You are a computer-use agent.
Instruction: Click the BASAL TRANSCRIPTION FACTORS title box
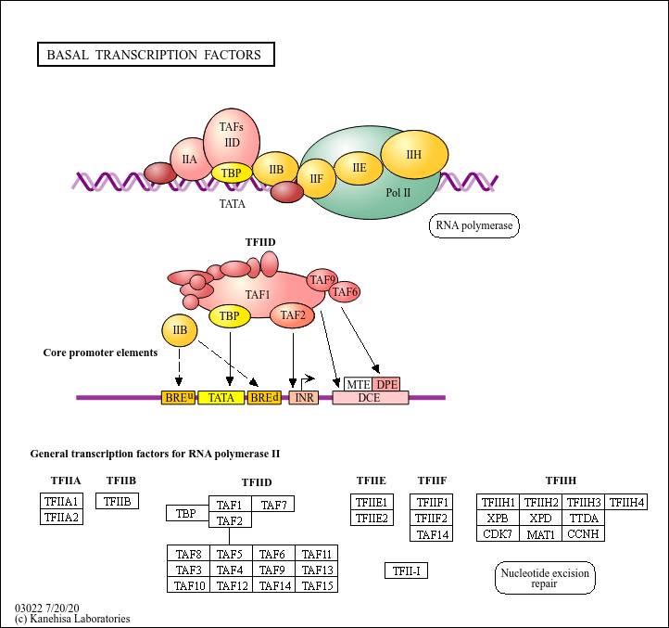pyautogui.click(x=156, y=54)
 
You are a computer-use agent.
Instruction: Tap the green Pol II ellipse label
pyautogui.click(x=398, y=193)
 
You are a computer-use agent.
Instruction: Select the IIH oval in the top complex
pyautogui.click(x=414, y=154)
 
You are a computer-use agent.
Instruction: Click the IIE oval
pyautogui.click(x=359, y=168)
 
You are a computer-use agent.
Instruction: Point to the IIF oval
pyautogui.click(x=316, y=179)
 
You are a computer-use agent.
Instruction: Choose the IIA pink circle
pyautogui.click(x=190, y=159)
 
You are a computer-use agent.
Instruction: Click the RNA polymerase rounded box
pyautogui.click(x=474, y=225)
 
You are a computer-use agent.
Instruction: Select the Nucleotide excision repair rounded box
pyautogui.click(x=545, y=578)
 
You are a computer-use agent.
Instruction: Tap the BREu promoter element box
pyautogui.click(x=178, y=398)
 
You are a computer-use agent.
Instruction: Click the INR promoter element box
pyautogui.click(x=304, y=398)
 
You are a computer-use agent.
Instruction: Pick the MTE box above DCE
pyautogui.click(x=358, y=384)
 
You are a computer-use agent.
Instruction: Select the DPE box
pyautogui.click(x=386, y=384)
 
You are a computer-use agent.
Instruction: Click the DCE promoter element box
pyautogui.click(x=371, y=398)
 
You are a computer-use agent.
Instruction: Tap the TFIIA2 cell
pyautogui.click(x=61, y=517)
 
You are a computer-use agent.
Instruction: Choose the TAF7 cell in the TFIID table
pyautogui.click(x=273, y=504)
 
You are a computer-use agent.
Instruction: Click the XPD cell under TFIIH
pyautogui.click(x=540, y=519)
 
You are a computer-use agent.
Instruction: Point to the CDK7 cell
pyautogui.click(x=498, y=533)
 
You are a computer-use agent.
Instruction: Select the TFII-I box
pyautogui.click(x=406, y=570)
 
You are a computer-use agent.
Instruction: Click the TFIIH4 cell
pyautogui.click(x=626, y=502)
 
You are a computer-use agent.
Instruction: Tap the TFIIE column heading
pyautogui.click(x=372, y=481)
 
